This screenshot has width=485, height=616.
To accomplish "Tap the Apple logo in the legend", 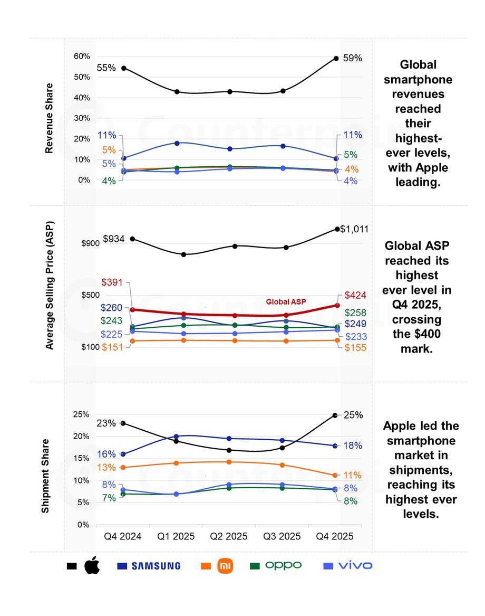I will (x=92, y=566).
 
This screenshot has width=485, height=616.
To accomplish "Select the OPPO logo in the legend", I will (x=283, y=565).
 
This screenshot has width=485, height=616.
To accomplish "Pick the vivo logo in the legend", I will (x=355, y=566).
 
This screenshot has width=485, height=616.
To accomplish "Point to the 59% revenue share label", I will (x=353, y=58).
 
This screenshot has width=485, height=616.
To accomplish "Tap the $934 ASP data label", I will (x=113, y=239).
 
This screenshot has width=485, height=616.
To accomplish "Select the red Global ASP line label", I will (x=286, y=302).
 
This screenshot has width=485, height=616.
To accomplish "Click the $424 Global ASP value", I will (x=355, y=295).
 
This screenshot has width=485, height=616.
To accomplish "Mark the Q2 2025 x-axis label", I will (x=229, y=536).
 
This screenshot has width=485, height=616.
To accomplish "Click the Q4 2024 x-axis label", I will (x=123, y=536).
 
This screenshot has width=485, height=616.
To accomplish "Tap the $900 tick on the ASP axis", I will (x=90, y=243).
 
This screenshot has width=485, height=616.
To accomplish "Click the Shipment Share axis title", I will (x=46, y=476).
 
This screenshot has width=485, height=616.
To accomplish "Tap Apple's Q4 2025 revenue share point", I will (x=336, y=58).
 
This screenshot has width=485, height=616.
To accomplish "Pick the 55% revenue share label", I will (x=106, y=68).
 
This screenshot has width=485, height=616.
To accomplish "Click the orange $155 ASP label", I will (x=355, y=348).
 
